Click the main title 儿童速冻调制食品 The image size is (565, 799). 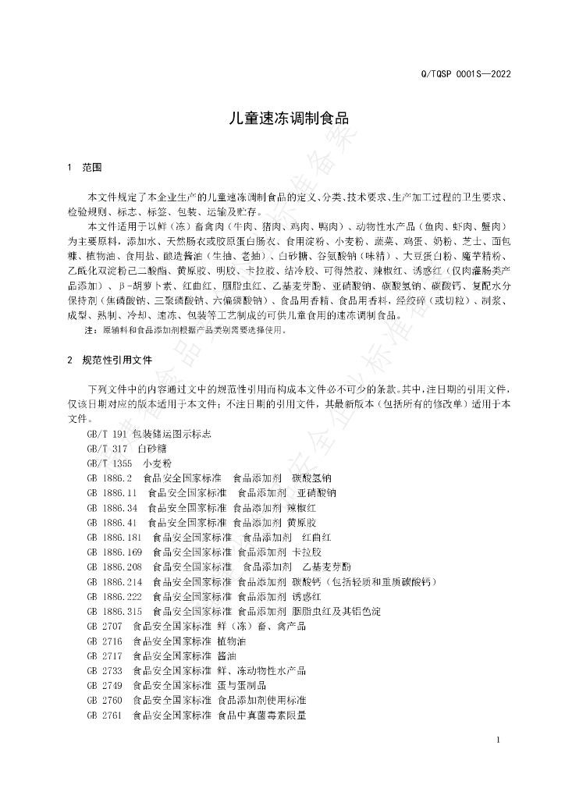pos(282,119)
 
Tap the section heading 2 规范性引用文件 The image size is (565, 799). pos(110,360)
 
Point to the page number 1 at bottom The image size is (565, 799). pos(497,739)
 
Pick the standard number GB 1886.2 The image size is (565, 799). pos(110,478)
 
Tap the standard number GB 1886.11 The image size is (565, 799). pos(112,492)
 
